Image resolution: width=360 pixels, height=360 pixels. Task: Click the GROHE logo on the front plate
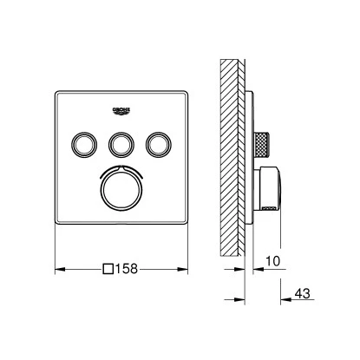point(121,108)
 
